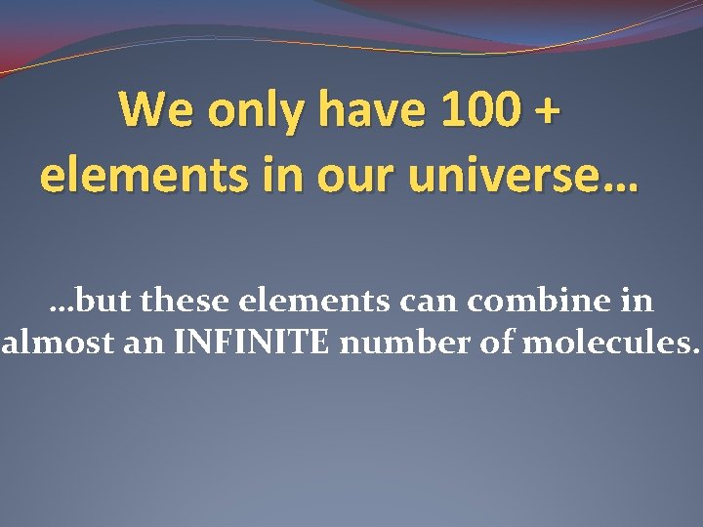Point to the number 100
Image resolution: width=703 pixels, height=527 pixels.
point(479,110)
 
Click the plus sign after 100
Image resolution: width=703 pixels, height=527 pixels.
point(549,111)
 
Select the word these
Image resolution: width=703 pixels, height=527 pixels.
point(186,301)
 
